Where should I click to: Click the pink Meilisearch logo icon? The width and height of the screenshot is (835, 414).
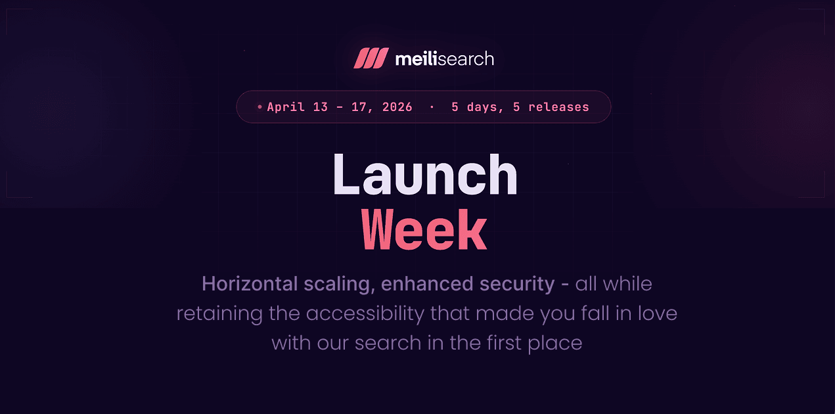click(371, 58)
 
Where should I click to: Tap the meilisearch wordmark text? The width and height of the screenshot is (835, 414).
click(444, 59)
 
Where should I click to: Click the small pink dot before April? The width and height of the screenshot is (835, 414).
click(260, 106)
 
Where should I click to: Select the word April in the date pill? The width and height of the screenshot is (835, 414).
click(286, 107)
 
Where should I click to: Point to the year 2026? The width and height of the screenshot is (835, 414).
click(397, 107)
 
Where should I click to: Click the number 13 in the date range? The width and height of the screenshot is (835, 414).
click(320, 107)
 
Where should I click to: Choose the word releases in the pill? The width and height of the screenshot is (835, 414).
click(558, 107)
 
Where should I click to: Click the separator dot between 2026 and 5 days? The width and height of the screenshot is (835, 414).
click(432, 106)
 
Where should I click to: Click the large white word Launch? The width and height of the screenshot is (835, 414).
click(425, 175)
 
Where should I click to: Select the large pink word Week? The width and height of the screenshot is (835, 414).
click(424, 231)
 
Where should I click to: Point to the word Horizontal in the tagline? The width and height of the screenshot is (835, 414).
click(250, 284)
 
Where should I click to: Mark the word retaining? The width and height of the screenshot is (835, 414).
click(219, 313)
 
